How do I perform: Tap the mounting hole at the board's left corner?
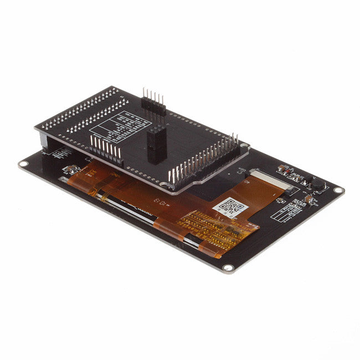point(24,164)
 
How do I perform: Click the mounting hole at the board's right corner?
point(338,191)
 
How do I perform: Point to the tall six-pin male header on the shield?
point(153,102)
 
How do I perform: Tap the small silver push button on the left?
point(70,169)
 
